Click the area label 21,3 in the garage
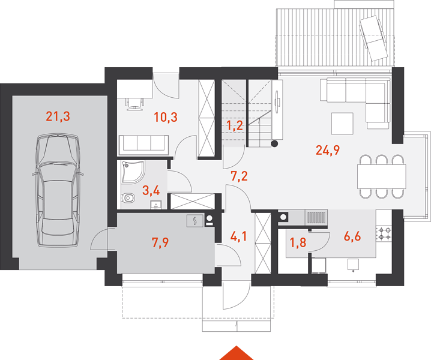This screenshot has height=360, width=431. pyautogui.click(x=58, y=116)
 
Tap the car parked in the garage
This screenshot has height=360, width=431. pyautogui.click(x=58, y=190)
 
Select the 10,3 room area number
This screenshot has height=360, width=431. pyautogui.click(x=166, y=117)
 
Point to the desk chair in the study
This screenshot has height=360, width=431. pyautogui.click(x=134, y=104)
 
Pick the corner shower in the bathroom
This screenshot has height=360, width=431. pyautogui.click(x=133, y=172)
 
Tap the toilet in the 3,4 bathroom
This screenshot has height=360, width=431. pyautogui.click(x=128, y=197)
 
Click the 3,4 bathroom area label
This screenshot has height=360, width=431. pyautogui.click(x=151, y=190)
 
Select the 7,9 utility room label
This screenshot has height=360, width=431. pyautogui.click(x=160, y=242)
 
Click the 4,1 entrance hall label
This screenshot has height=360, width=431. pyautogui.click(x=238, y=236)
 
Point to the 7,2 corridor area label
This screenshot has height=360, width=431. pyautogui.click(x=239, y=176)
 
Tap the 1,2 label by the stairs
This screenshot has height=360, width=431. pyautogui.click(x=235, y=125)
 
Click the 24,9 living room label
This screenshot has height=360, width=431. pyautogui.click(x=328, y=150)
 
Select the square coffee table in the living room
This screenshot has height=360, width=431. pyautogui.click(x=342, y=124)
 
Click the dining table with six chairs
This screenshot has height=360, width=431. pyautogui.click(x=382, y=176)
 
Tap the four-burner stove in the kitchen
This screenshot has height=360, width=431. pyautogui.click(x=384, y=233)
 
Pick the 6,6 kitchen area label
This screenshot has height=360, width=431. pyautogui.click(x=352, y=236)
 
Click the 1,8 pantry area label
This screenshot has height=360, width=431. pyautogui.click(x=298, y=242)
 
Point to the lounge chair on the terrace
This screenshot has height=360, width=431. pyautogui.click(x=374, y=38)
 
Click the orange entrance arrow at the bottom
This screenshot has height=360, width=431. pyautogui.click(x=237, y=353)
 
